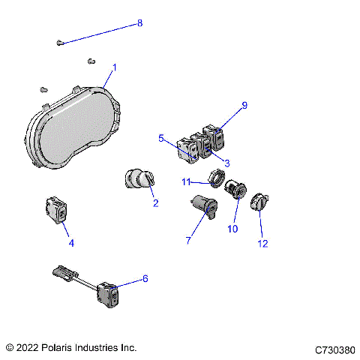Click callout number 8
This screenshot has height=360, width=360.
pyautogui.click(x=139, y=24)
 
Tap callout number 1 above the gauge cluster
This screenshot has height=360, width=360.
pyautogui.click(x=114, y=68)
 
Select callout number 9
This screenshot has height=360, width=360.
pyautogui.click(x=244, y=106)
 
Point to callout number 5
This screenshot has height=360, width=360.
pyautogui.click(x=161, y=138)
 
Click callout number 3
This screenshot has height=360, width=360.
pyautogui.click(x=227, y=163)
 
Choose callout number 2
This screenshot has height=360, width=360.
pyautogui.click(x=155, y=202)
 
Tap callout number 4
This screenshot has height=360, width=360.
pyautogui.click(x=71, y=243)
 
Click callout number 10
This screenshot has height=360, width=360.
pyautogui.click(x=232, y=228)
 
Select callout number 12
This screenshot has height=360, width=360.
pyautogui.click(x=263, y=243)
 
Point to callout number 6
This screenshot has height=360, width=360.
pyautogui.click(x=145, y=278)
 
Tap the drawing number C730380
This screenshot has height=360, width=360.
pyautogui.click(x=334, y=349)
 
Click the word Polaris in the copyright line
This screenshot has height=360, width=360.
pyautogui.click(x=56, y=348)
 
